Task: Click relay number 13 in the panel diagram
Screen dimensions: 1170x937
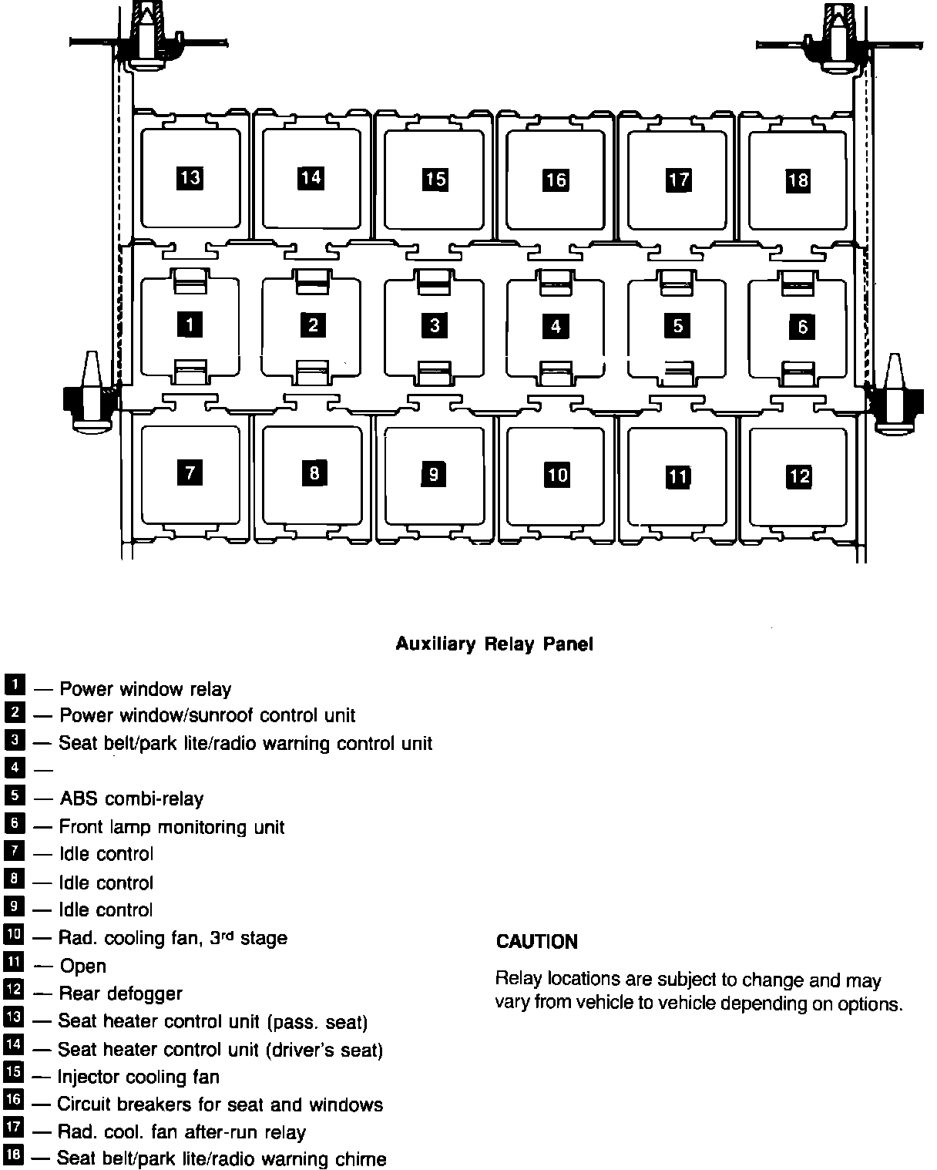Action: (x=190, y=178)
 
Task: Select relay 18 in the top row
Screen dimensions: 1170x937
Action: (x=798, y=180)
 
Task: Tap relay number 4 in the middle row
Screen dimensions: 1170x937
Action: (x=556, y=326)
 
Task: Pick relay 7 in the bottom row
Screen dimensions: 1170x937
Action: (x=190, y=472)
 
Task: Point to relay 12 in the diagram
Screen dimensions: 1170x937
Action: (x=799, y=476)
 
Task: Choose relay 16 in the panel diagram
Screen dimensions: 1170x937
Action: (x=556, y=180)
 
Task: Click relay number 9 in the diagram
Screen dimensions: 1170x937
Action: (x=434, y=474)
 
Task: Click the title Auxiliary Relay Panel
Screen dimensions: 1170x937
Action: (x=494, y=644)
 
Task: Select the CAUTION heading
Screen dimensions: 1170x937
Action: (x=537, y=941)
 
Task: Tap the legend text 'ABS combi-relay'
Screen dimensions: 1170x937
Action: (x=131, y=798)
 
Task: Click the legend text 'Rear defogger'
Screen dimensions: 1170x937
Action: (x=121, y=993)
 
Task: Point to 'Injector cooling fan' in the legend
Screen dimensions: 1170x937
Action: (x=138, y=1077)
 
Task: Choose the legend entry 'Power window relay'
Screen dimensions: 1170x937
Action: (x=145, y=689)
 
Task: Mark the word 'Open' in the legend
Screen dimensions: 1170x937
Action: (x=83, y=966)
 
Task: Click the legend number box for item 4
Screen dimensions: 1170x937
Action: (x=14, y=768)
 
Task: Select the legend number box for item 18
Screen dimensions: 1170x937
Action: (x=14, y=1155)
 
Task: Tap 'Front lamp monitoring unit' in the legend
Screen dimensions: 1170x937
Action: (x=172, y=827)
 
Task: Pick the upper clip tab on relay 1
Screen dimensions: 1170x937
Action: (x=190, y=281)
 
